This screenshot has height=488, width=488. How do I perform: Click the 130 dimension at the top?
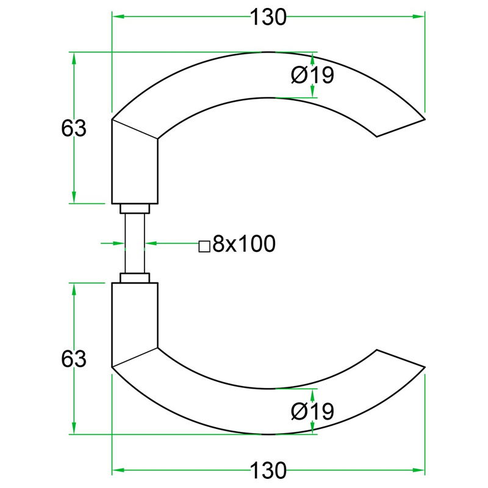tap(268, 17)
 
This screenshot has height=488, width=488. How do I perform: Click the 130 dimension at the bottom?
tap(268, 470)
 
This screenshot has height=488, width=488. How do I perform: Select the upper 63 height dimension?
tap(74, 129)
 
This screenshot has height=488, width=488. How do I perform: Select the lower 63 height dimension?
tap(74, 359)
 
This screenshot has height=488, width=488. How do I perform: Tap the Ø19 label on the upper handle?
tap(312, 76)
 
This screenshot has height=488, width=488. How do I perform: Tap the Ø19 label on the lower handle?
tap(312, 412)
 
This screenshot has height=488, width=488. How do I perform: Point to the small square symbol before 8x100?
tap(205, 246)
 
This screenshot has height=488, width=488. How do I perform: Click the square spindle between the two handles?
tap(134, 244)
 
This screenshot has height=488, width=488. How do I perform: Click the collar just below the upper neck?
tap(134, 209)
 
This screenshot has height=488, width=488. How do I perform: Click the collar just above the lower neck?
tap(134, 279)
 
